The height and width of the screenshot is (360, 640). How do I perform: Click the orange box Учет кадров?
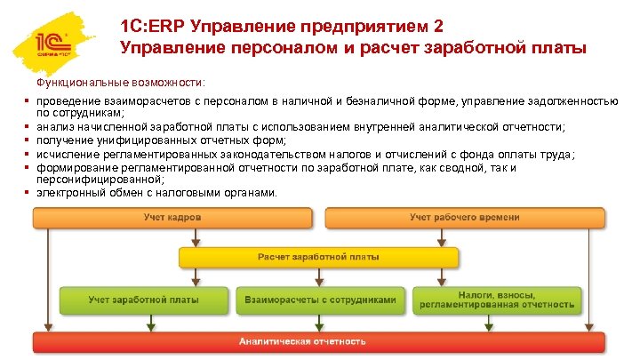(172, 218)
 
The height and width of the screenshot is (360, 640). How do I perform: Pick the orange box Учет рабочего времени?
(465, 218)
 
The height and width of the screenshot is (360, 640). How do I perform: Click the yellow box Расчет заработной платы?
(318, 258)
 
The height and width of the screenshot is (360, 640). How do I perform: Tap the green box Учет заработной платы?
(135, 300)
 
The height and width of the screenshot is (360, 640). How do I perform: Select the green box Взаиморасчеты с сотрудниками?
(319, 300)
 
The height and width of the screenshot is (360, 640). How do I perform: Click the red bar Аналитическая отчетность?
(318, 341)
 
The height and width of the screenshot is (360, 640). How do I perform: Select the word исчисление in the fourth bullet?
(64, 154)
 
